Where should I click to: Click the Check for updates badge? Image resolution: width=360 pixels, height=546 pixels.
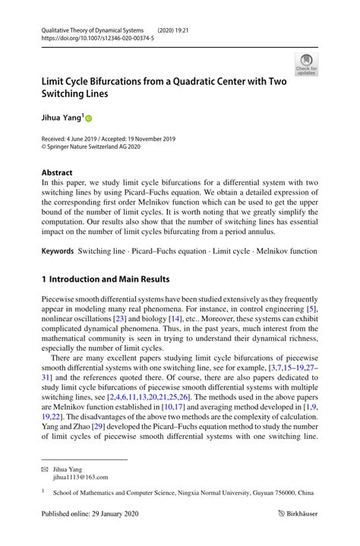click(307, 65)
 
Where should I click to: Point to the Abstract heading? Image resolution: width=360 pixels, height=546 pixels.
click(58, 172)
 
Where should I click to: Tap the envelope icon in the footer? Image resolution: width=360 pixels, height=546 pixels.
click(45, 469)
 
